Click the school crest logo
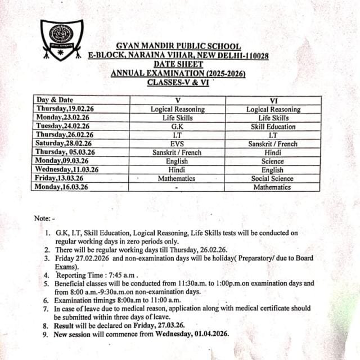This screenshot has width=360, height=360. (61, 40)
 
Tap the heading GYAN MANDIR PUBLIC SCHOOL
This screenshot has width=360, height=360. (178, 46)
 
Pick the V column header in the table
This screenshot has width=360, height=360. (177, 100)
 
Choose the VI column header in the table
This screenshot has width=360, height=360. (273, 100)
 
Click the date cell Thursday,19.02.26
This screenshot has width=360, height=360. (64, 109)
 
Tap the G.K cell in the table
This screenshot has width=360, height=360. (177, 127)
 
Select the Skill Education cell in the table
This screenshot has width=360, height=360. (273, 127)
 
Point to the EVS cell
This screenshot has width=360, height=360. (177, 144)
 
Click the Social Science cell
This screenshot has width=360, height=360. (273, 178)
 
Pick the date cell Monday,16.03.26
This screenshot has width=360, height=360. (62, 187)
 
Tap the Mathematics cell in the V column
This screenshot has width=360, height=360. (177, 178)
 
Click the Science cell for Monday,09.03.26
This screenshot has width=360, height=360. (273, 161)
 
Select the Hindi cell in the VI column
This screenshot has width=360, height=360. (273, 152)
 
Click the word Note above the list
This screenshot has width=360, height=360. (42, 218)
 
